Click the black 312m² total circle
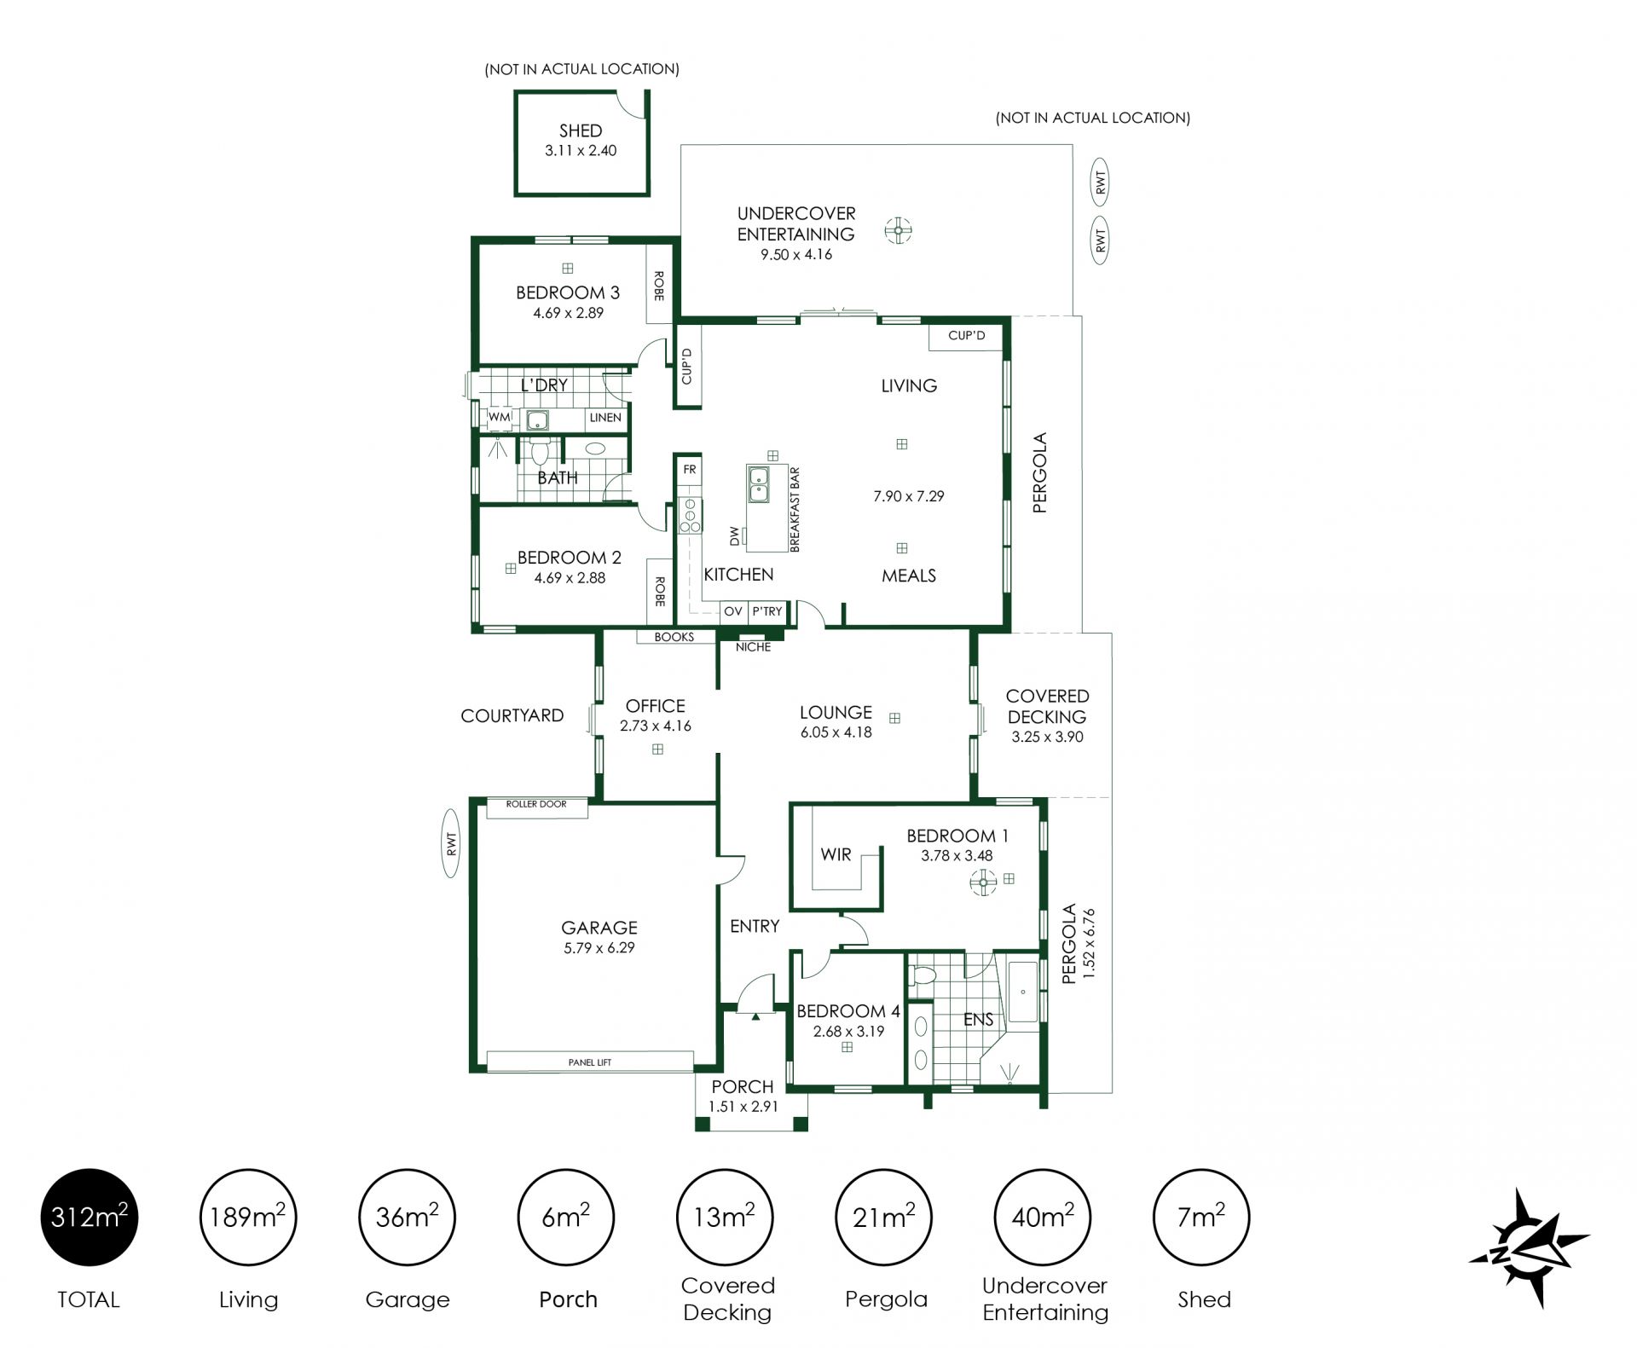point(89,1217)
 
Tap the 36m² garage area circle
point(408,1217)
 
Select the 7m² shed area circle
point(1201,1217)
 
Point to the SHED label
point(581,130)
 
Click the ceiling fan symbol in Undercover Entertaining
point(898,230)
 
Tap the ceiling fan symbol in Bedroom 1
point(983,882)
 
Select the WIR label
point(836,854)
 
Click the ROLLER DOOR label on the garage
point(536,804)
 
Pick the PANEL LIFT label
point(590,1062)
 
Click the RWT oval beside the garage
point(452,844)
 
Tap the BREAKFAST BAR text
point(794,509)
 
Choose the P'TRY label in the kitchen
point(767,611)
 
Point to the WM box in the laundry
point(499,418)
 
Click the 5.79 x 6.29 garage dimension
point(599,947)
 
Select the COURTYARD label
point(512,715)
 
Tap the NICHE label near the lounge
point(754,647)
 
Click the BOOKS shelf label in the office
point(674,637)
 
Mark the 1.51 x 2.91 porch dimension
point(743,1107)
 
